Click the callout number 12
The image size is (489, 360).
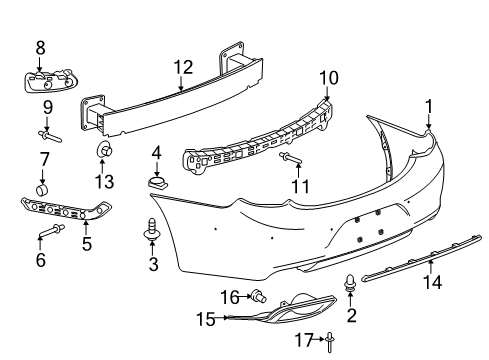point(181,69)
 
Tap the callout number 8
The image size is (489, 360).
point(41,46)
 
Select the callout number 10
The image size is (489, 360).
point(329,78)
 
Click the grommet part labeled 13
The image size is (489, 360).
point(104,150)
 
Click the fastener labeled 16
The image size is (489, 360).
point(258,296)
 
